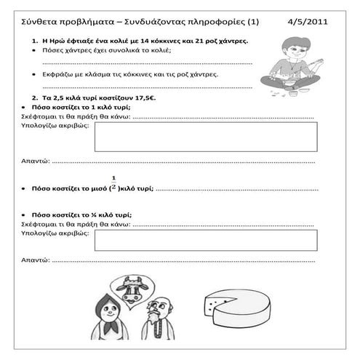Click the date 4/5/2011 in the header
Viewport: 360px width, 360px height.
coord(308,23)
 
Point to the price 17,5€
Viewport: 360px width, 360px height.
coord(153,97)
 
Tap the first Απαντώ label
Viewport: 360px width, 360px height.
coord(35,161)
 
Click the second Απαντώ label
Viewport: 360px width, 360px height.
coord(35,259)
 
